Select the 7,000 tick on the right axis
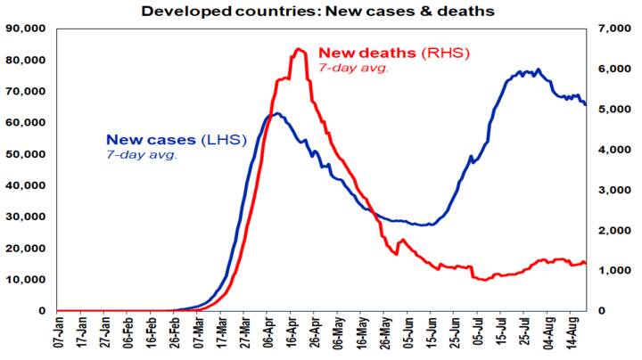coord(609,29)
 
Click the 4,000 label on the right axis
coord(609,150)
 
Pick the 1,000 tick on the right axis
coord(609,271)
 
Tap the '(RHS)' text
coord(443,53)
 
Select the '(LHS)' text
coord(224,139)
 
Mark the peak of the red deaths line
coord(298,49)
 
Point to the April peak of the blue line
coord(276,113)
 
